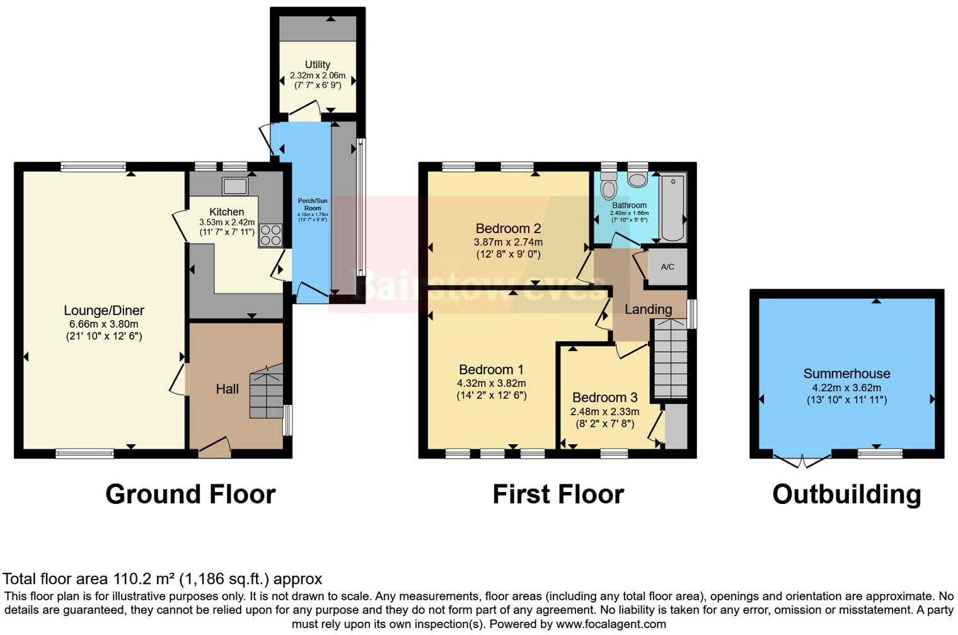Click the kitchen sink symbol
234,186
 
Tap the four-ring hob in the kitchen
270,235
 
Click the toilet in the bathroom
608,186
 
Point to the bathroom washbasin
638,180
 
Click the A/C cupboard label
667,267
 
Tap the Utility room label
318,64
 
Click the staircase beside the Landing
669,359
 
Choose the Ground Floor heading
190,495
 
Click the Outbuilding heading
846,495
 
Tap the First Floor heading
558,495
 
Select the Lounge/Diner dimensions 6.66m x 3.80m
104,324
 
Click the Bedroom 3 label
604,398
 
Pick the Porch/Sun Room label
313,204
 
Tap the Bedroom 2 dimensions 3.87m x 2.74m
508,242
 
